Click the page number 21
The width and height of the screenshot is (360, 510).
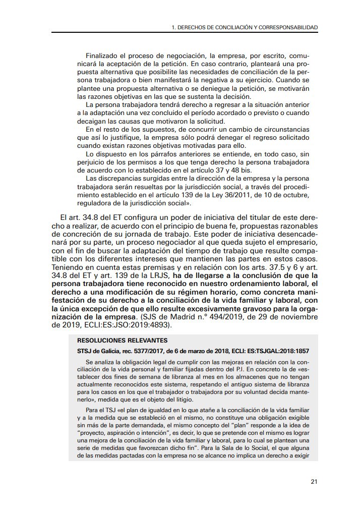(314, 482)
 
